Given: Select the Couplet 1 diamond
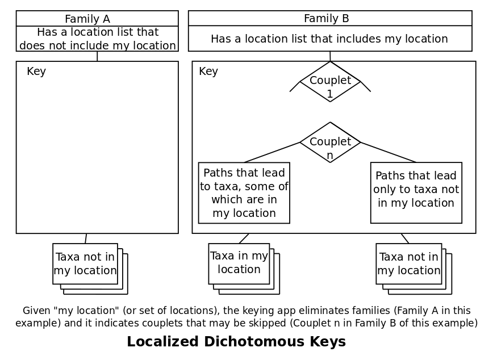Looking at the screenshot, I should [x=330, y=82].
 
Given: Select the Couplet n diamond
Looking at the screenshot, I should [x=330, y=143].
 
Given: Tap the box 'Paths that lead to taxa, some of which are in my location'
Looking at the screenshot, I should [x=244, y=193].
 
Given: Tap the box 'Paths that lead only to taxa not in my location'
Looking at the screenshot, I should [x=416, y=193].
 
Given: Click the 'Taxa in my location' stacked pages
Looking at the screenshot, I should [x=239, y=263].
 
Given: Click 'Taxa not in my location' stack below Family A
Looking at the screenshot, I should [x=85, y=263].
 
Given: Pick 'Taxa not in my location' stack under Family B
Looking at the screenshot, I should [x=408, y=263].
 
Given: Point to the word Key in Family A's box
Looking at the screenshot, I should [x=36, y=72].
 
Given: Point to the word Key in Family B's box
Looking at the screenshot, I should [x=208, y=72].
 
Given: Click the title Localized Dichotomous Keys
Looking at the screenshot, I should [x=236, y=342].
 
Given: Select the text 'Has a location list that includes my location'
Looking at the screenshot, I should [x=329, y=39].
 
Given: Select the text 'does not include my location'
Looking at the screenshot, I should [x=98, y=45].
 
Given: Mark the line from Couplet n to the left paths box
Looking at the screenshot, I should [x=273, y=152].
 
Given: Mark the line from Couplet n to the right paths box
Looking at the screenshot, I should [x=388, y=152].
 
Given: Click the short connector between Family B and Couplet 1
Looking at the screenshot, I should [x=330, y=56].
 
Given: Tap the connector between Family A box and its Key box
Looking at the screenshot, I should [x=97, y=56].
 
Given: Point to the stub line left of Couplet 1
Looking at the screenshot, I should [x=295, y=86].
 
